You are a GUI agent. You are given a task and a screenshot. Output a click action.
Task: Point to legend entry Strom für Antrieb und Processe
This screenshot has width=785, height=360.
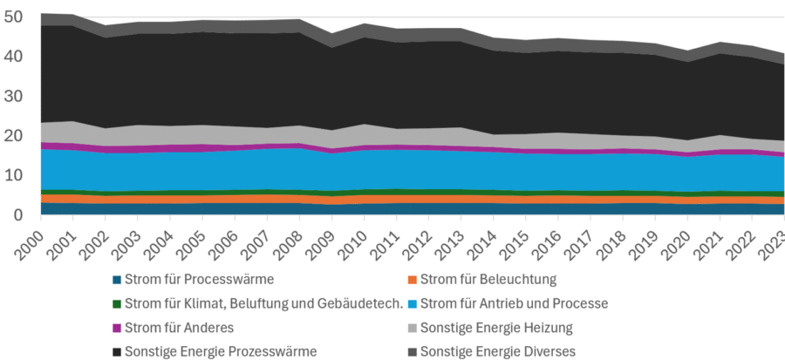(x=514, y=303)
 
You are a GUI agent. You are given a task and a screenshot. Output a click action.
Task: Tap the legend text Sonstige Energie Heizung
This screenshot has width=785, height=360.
(x=496, y=328)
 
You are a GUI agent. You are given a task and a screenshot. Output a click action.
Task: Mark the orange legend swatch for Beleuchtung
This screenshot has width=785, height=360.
(x=412, y=280)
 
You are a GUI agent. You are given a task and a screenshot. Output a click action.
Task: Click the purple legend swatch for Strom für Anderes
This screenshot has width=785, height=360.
(x=117, y=328)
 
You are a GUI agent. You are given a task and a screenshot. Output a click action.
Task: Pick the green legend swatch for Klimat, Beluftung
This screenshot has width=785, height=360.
(x=117, y=303)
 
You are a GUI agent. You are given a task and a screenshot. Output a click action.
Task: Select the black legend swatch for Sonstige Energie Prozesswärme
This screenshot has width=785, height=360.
(x=117, y=351)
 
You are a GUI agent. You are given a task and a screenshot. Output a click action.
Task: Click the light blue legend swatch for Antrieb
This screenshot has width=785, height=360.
(x=412, y=303)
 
